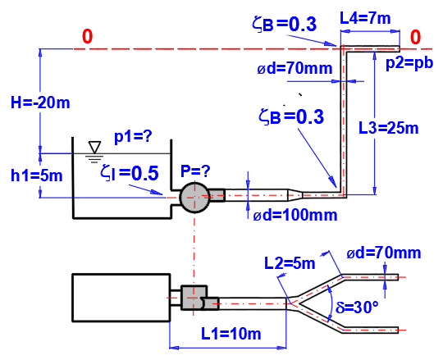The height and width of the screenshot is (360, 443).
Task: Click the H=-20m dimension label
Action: coord(40,103)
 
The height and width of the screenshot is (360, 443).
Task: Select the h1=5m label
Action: coord(36,175)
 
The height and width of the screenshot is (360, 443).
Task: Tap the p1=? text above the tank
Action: coord(133,137)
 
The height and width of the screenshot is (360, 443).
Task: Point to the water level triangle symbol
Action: coord(94,147)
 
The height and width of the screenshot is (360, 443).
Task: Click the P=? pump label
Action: coord(195,171)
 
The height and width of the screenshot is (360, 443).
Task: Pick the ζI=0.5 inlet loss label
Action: coord(130,173)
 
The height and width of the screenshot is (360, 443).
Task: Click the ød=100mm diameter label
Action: coord(295,216)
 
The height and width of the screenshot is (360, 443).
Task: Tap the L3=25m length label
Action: coord(389,128)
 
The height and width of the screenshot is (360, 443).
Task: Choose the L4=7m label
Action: coord(365,18)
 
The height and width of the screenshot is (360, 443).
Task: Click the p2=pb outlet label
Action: coord(409,62)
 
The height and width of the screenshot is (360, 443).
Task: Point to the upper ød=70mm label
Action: coord(295,69)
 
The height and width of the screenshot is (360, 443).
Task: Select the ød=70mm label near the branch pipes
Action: coord(384,253)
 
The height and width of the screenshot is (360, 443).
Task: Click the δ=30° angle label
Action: coord(357,307)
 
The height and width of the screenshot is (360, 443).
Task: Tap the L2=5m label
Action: coord(290,263)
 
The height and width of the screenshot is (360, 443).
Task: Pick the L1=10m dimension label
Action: coord(231,334)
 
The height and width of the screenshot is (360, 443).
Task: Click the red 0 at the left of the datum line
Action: coord(87,36)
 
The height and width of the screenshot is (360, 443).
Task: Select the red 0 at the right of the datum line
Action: coord(415,37)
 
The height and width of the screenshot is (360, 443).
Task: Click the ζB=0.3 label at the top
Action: coord(284,24)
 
